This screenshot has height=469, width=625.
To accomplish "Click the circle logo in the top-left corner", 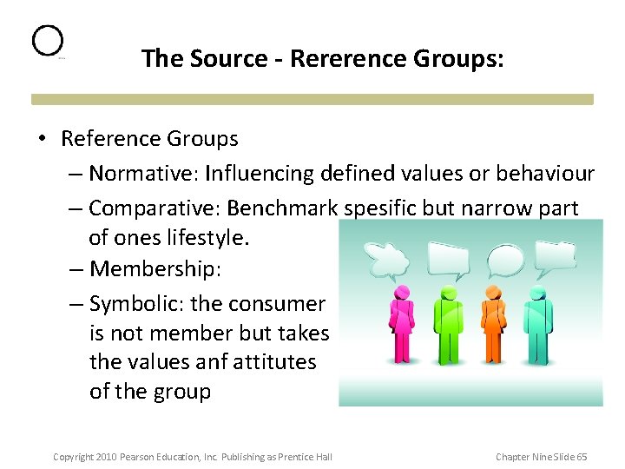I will (48, 41).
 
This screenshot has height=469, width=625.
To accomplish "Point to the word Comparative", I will (151, 208).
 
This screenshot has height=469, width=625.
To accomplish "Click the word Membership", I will (155, 269).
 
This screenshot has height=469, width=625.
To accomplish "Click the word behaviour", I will (545, 174).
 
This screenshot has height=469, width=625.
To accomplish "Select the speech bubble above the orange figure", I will (508, 258).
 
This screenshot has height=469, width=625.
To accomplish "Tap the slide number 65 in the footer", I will (581, 457).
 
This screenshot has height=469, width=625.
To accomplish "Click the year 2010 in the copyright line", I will (106, 457).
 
